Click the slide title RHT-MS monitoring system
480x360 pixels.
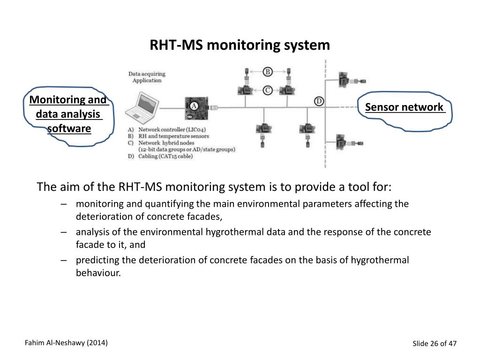[240, 45]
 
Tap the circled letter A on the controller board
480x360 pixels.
[193, 106]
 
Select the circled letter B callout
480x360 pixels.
[268, 72]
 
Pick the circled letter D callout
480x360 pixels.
[319, 101]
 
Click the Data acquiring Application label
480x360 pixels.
[146, 77]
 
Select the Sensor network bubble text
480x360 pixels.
[404, 107]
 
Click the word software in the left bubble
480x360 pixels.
[69, 128]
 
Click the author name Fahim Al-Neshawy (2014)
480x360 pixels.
[66, 343]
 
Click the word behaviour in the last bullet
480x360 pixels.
[98, 272]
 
